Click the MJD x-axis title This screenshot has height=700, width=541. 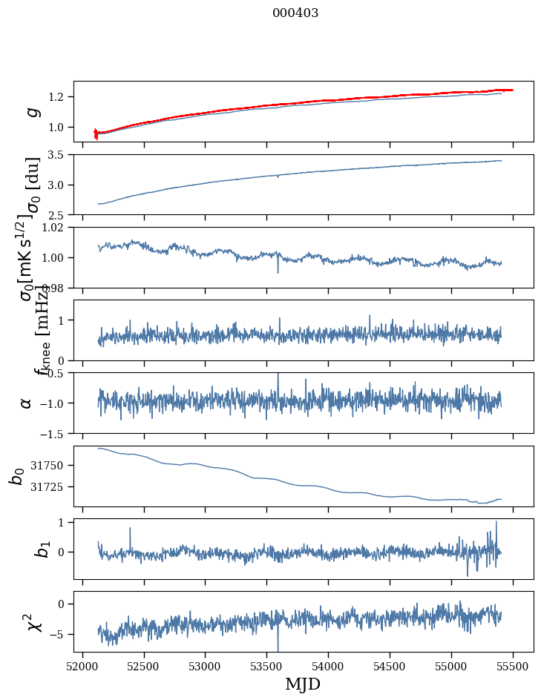point(303,684)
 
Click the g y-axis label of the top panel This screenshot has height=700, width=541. point(30,112)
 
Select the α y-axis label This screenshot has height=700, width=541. point(27,403)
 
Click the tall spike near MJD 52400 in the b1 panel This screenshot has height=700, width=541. point(130,529)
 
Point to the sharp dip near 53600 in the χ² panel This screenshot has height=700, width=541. point(278,645)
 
